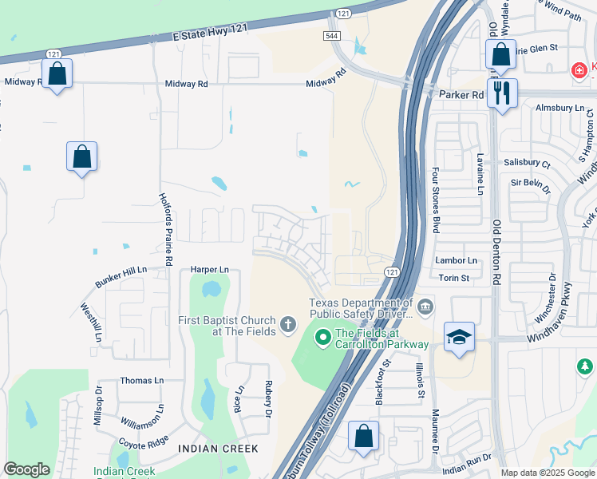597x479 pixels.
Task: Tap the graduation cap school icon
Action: click(458, 337)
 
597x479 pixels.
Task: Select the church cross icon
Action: click(287, 325)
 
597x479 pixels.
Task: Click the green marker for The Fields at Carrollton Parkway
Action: click(323, 338)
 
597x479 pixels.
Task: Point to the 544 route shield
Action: click(333, 36)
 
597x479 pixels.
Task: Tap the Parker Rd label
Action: click(461, 94)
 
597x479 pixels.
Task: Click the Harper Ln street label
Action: click(209, 270)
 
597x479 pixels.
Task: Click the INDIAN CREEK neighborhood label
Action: click(218, 449)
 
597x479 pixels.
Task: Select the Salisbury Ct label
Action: click(527, 163)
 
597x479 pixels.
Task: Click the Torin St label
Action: click(453, 279)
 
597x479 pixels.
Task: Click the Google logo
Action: click(26, 469)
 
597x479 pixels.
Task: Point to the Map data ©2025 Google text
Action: click(547, 473)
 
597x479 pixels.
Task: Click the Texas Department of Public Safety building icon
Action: click(425, 306)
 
